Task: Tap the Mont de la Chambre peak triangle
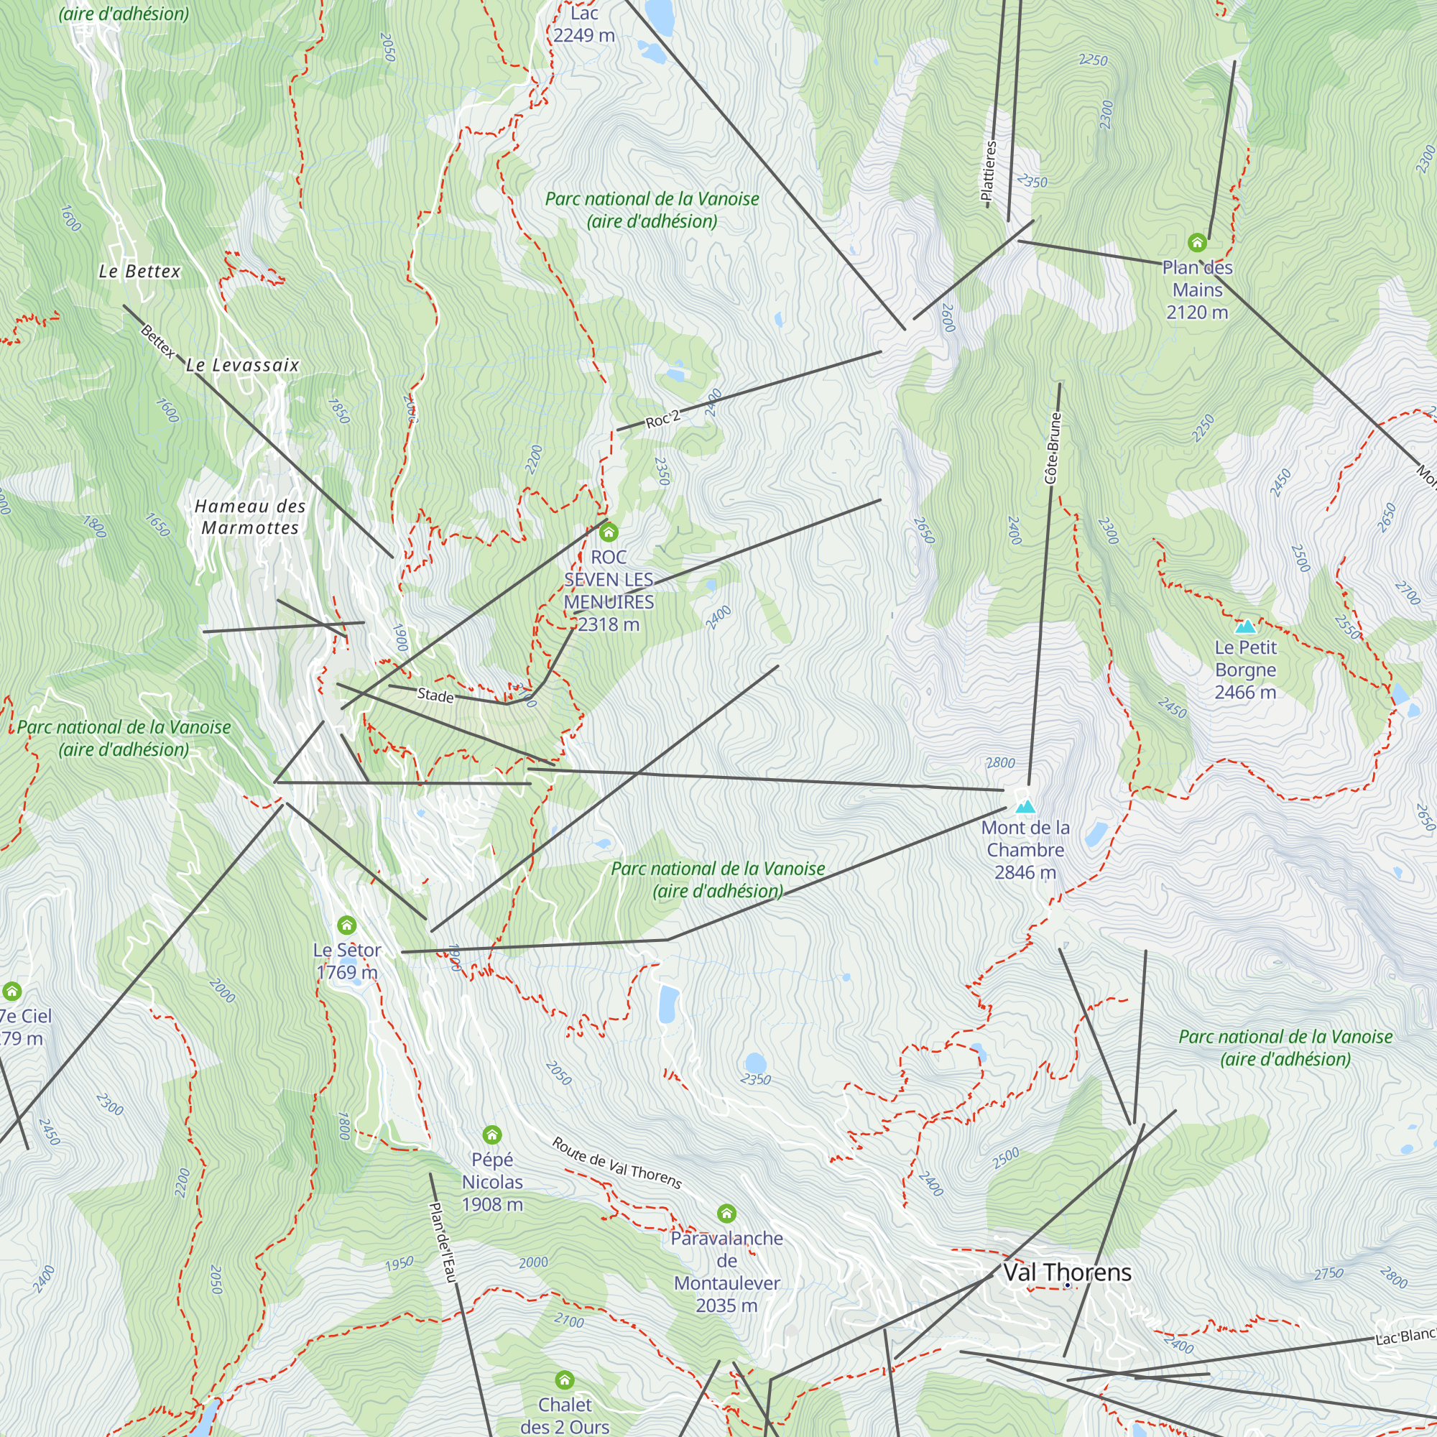[1026, 806]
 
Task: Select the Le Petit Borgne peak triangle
[1245, 627]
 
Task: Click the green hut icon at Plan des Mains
[1197, 242]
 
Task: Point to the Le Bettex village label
[140, 272]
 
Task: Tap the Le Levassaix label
[242, 365]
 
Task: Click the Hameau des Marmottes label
[250, 517]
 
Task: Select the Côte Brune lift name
[1053, 448]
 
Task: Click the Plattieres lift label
[989, 171]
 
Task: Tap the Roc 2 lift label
[662, 420]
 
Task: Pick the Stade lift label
[435, 695]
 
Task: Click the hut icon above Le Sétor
[346, 925]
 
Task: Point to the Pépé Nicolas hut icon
[491, 1135]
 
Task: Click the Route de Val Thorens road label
[616, 1163]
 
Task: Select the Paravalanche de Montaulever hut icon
[726, 1214]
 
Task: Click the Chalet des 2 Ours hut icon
[565, 1380]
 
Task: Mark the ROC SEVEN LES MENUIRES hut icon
[609, 532]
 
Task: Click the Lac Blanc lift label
[1405, 1336]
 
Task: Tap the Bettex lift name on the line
[157, 341]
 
